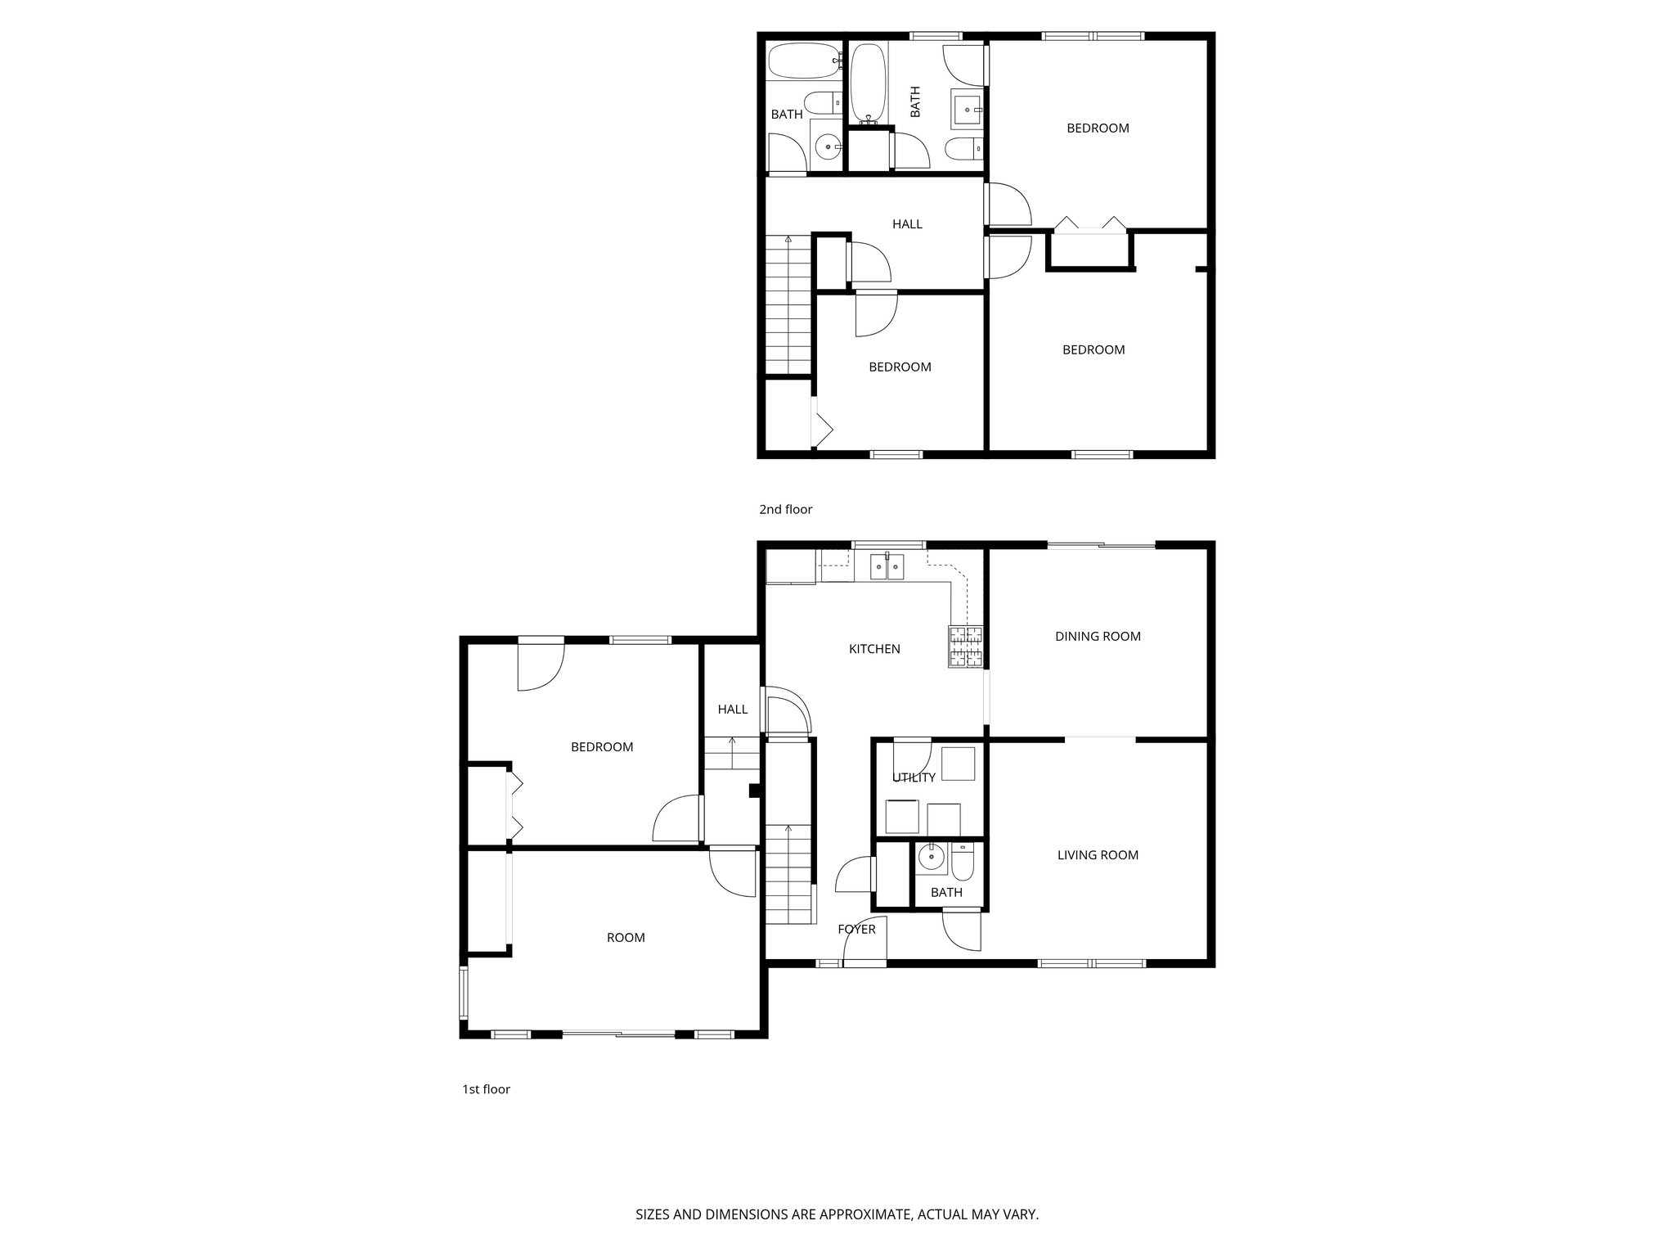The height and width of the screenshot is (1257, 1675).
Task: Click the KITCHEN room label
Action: pos(874,649)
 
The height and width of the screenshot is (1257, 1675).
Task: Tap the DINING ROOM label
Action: pos(1098,637)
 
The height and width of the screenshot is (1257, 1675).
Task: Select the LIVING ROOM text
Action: pos(1098,855)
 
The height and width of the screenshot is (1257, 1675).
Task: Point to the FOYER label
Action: pos(856,930)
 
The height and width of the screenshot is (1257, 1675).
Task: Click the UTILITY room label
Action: pos(914,778)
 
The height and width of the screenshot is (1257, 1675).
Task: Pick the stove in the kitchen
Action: pos(965,647)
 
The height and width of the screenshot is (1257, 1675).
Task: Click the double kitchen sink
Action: pos(887,565)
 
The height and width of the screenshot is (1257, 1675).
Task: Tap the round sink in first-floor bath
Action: pos(931,858)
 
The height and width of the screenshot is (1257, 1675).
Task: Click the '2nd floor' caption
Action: pos(785,510)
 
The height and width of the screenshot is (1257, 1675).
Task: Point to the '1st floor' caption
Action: pos(486,1089)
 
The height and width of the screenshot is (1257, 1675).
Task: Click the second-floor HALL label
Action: pos(907,224)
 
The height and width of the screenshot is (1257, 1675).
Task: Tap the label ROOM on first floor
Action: pos(626,938)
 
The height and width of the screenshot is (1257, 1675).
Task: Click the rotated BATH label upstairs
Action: pos(915,101)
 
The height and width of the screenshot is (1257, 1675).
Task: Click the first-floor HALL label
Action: pos(732,710)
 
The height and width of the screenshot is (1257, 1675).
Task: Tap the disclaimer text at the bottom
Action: pos(837,1215)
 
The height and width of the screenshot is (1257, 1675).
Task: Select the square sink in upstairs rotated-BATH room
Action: pos(968,110)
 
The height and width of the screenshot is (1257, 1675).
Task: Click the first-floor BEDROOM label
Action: pos(602,747)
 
